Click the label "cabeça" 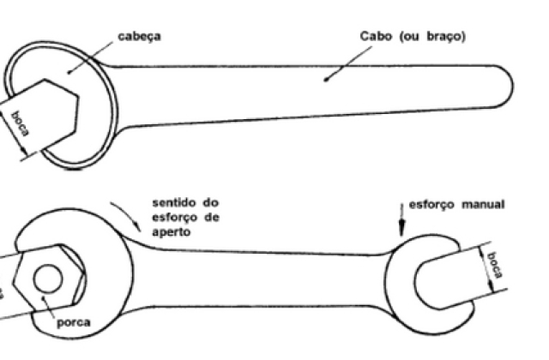[x=139, y=36]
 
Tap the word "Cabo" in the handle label [x=376, y=36]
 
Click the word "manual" [x=483, y=204]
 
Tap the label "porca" [x=74, y=322]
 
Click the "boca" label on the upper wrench [x=21, y=123]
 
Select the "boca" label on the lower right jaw [x=495, y=265]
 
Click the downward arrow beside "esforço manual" [x=401, y=220]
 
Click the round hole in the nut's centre [x=48, y=279]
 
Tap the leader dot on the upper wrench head [x=69, y=72]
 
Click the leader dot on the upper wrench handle [x=326, y=80]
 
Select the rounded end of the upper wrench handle [x=504, y=86]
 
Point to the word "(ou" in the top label [x=409, y=36]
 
